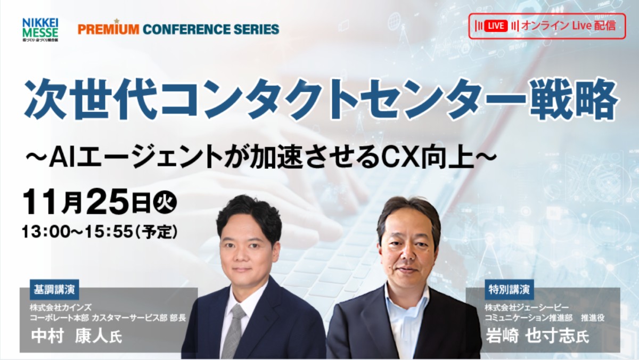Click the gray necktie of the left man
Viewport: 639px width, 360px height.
coord(233,330)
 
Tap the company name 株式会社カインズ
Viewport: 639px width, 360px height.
coord(61,308)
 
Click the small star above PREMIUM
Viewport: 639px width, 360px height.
coord(116,21)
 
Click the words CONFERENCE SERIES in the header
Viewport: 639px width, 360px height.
coord(211,29)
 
